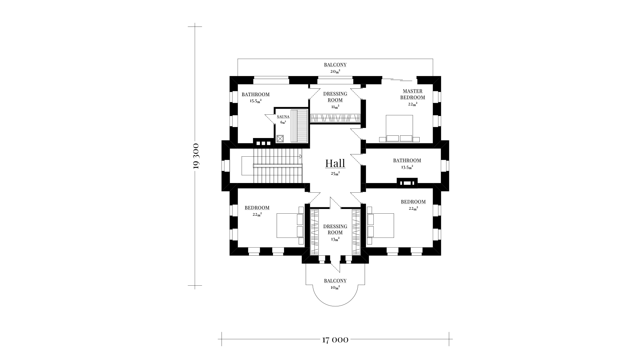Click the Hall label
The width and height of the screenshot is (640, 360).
335,164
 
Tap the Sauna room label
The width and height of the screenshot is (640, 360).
283,117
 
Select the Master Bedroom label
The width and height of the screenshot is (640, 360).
413,94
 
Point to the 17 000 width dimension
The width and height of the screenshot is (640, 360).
335,340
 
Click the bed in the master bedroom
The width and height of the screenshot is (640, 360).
399,129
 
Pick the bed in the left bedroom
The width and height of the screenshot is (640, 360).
290,226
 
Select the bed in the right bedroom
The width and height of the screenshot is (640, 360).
380,226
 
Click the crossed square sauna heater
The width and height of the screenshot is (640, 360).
280,138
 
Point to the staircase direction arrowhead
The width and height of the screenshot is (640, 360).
301,156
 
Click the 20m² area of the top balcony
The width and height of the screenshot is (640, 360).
335,71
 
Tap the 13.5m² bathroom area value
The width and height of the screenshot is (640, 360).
407,167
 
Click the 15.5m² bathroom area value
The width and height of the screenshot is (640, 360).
256,101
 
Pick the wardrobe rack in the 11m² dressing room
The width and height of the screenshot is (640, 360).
335,118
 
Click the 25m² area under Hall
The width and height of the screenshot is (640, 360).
335,173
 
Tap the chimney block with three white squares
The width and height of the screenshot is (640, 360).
263,143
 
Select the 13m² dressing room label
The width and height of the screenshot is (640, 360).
335,232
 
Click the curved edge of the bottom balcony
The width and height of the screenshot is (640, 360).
335,306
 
